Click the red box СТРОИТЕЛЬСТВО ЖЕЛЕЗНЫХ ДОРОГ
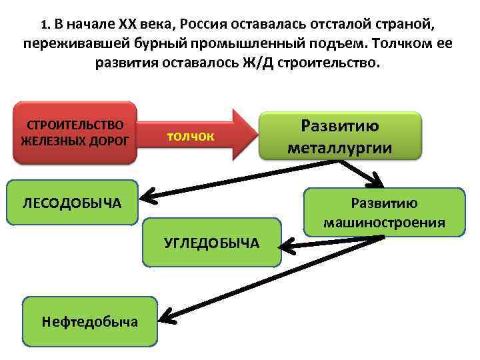[x=75, y=133]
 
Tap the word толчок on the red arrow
[x=191, y=136]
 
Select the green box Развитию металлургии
[x=340, y=136]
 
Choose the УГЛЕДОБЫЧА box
[x=211, y=242]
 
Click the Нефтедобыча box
[x=90, y=322]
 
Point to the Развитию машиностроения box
[x=384, y=213]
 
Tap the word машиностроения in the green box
[x=384, y=222]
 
